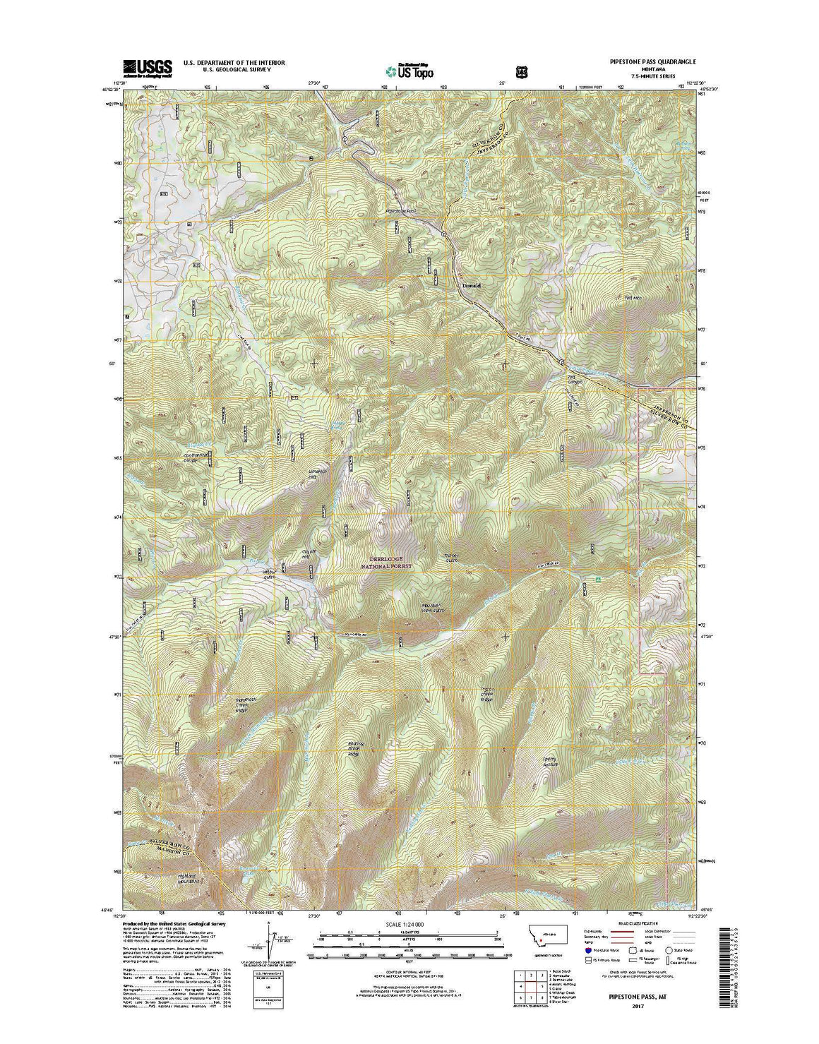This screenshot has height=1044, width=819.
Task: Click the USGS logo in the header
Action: [148, 68]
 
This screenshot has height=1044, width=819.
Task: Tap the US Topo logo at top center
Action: [409, 70]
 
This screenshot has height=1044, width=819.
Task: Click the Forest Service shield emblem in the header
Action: [521, 71]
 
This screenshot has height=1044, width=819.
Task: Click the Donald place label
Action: [471, 286]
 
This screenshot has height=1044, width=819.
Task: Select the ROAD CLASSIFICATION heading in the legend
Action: [638, 923]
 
